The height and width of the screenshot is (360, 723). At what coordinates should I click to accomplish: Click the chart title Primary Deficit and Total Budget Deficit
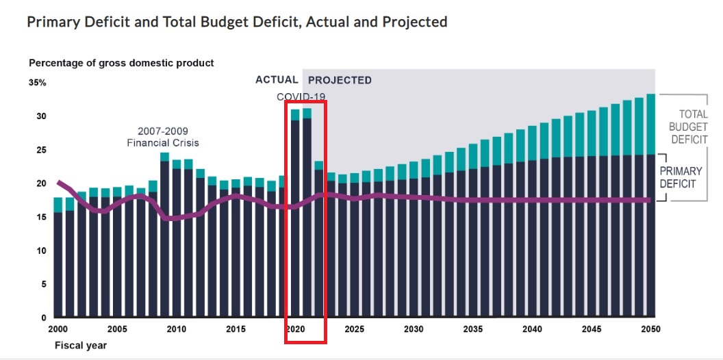(236, 22)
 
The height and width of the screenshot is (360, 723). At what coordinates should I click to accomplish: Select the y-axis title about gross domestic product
(121, 63)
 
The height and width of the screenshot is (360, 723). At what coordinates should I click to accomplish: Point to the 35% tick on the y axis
(38, 83)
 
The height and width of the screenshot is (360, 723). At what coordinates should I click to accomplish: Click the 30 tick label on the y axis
(41, 116)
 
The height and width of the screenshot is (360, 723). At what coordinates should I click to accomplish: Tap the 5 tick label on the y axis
(43, 284)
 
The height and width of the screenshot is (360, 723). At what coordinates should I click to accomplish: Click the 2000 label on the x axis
(58, 329)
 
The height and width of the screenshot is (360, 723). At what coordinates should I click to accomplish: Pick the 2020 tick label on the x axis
(295, 329)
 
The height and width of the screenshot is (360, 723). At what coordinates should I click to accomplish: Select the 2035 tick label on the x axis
(473, 329)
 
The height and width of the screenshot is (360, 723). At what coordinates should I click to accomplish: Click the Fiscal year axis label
(81, 345)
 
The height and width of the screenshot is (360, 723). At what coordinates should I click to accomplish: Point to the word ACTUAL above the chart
(277, 80)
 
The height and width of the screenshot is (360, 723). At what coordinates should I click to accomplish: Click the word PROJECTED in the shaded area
(340, 80)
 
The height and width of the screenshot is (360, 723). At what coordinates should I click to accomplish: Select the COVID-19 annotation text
(301, 97)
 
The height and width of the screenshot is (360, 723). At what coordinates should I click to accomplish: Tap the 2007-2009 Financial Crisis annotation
(163, 137)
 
